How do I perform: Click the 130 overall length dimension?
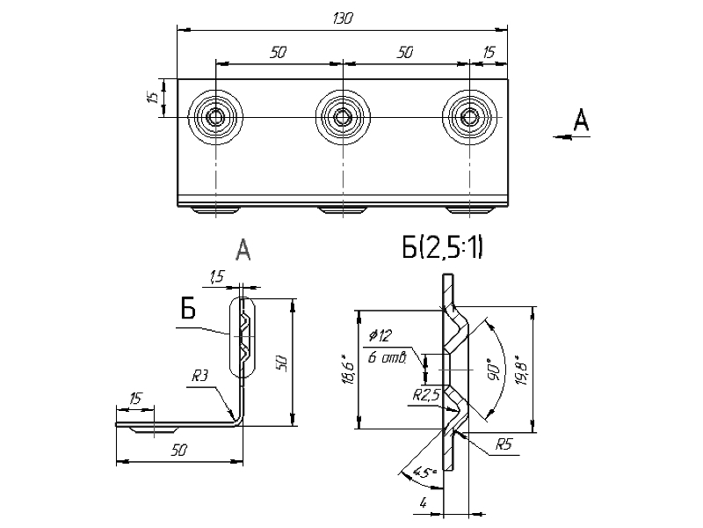[343, 19]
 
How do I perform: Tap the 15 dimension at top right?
[489, 53]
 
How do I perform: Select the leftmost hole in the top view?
[214, 117]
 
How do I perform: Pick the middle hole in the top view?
[342, 117]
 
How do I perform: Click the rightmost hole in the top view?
[471, 117]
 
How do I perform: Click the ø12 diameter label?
[381, 335]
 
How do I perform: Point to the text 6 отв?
[387, 356]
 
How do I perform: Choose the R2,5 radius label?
[425, 395]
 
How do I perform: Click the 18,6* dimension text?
[349, 370]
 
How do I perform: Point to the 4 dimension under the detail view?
[424, 504]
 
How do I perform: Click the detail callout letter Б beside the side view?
[187, 308]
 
